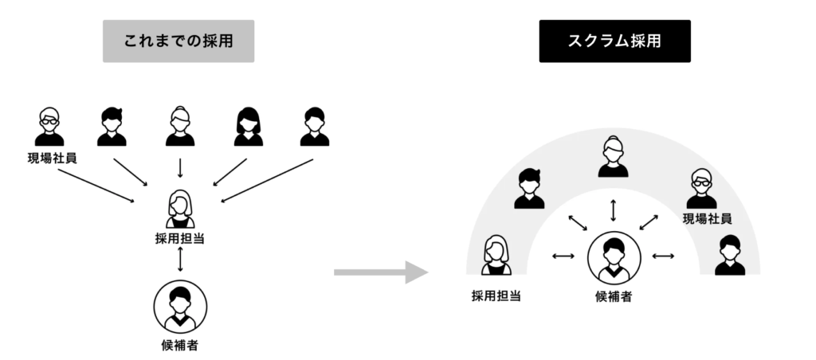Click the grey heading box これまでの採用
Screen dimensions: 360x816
click(178, 41)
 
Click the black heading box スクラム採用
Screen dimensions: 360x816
click(614, 41)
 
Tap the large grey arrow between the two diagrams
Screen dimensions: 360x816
click(380, 272)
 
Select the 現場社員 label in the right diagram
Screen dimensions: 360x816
click(707, 217)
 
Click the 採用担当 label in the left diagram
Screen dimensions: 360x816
click(180, 237)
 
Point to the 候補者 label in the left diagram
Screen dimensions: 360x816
click(179, 346)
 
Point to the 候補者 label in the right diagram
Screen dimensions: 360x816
click(614, 297)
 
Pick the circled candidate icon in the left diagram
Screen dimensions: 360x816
click(180, 307)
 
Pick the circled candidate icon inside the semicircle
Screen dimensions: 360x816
click(614, 257)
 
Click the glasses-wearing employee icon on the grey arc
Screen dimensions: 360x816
click(701, 189)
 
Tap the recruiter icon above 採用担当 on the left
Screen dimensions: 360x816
click(180, 209)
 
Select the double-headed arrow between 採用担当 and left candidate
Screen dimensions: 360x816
click(181, 260)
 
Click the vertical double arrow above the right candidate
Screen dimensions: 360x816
click(613, 210)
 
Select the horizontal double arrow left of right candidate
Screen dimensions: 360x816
click(563, 256)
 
